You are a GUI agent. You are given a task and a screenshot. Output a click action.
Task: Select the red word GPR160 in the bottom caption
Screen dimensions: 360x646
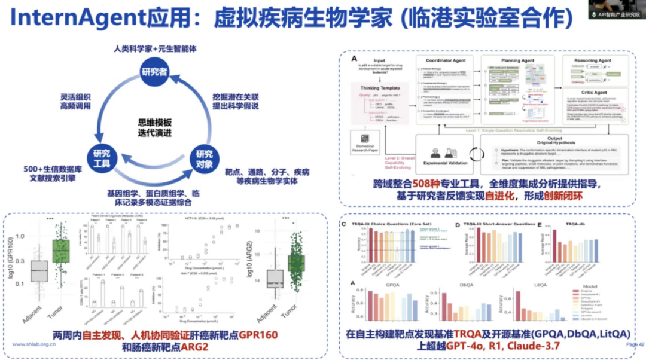[258, 334]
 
